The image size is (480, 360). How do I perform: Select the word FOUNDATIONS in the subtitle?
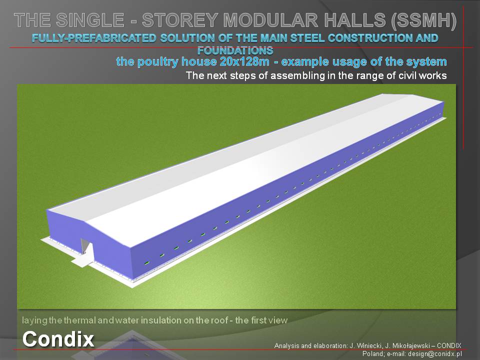tap(235, 50)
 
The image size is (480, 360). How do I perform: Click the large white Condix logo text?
tap(58, 339)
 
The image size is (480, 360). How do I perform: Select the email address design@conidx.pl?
tap(434, 354)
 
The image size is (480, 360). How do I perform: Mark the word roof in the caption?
tap(219, 320)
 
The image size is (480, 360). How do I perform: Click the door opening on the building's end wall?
tap(85, 246)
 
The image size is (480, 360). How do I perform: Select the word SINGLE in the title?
tap(90, 20)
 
